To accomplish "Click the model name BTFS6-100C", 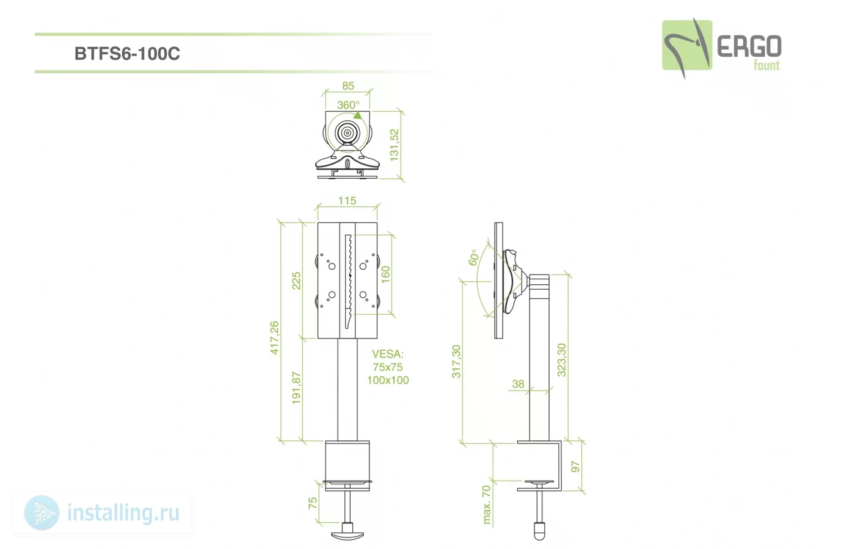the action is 127,54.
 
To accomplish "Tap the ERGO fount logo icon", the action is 687,48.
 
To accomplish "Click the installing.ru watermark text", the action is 123,513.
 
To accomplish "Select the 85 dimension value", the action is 347,86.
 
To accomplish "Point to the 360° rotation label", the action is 348,104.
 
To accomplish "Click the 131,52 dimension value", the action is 394,145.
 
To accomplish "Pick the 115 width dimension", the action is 347,201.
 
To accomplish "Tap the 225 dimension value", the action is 296,281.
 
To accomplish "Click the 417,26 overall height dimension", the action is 274,338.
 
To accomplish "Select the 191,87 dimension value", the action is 296,388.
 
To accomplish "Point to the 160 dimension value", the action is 385,274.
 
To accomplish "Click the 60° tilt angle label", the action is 473,257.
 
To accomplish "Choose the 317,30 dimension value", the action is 456,361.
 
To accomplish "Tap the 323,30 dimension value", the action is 561,360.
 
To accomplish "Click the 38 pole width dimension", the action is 518,384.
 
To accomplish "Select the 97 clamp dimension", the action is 575,467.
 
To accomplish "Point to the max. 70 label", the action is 486,505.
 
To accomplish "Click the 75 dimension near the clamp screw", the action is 313,503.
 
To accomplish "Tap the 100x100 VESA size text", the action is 388,380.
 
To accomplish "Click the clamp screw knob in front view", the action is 347,534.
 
